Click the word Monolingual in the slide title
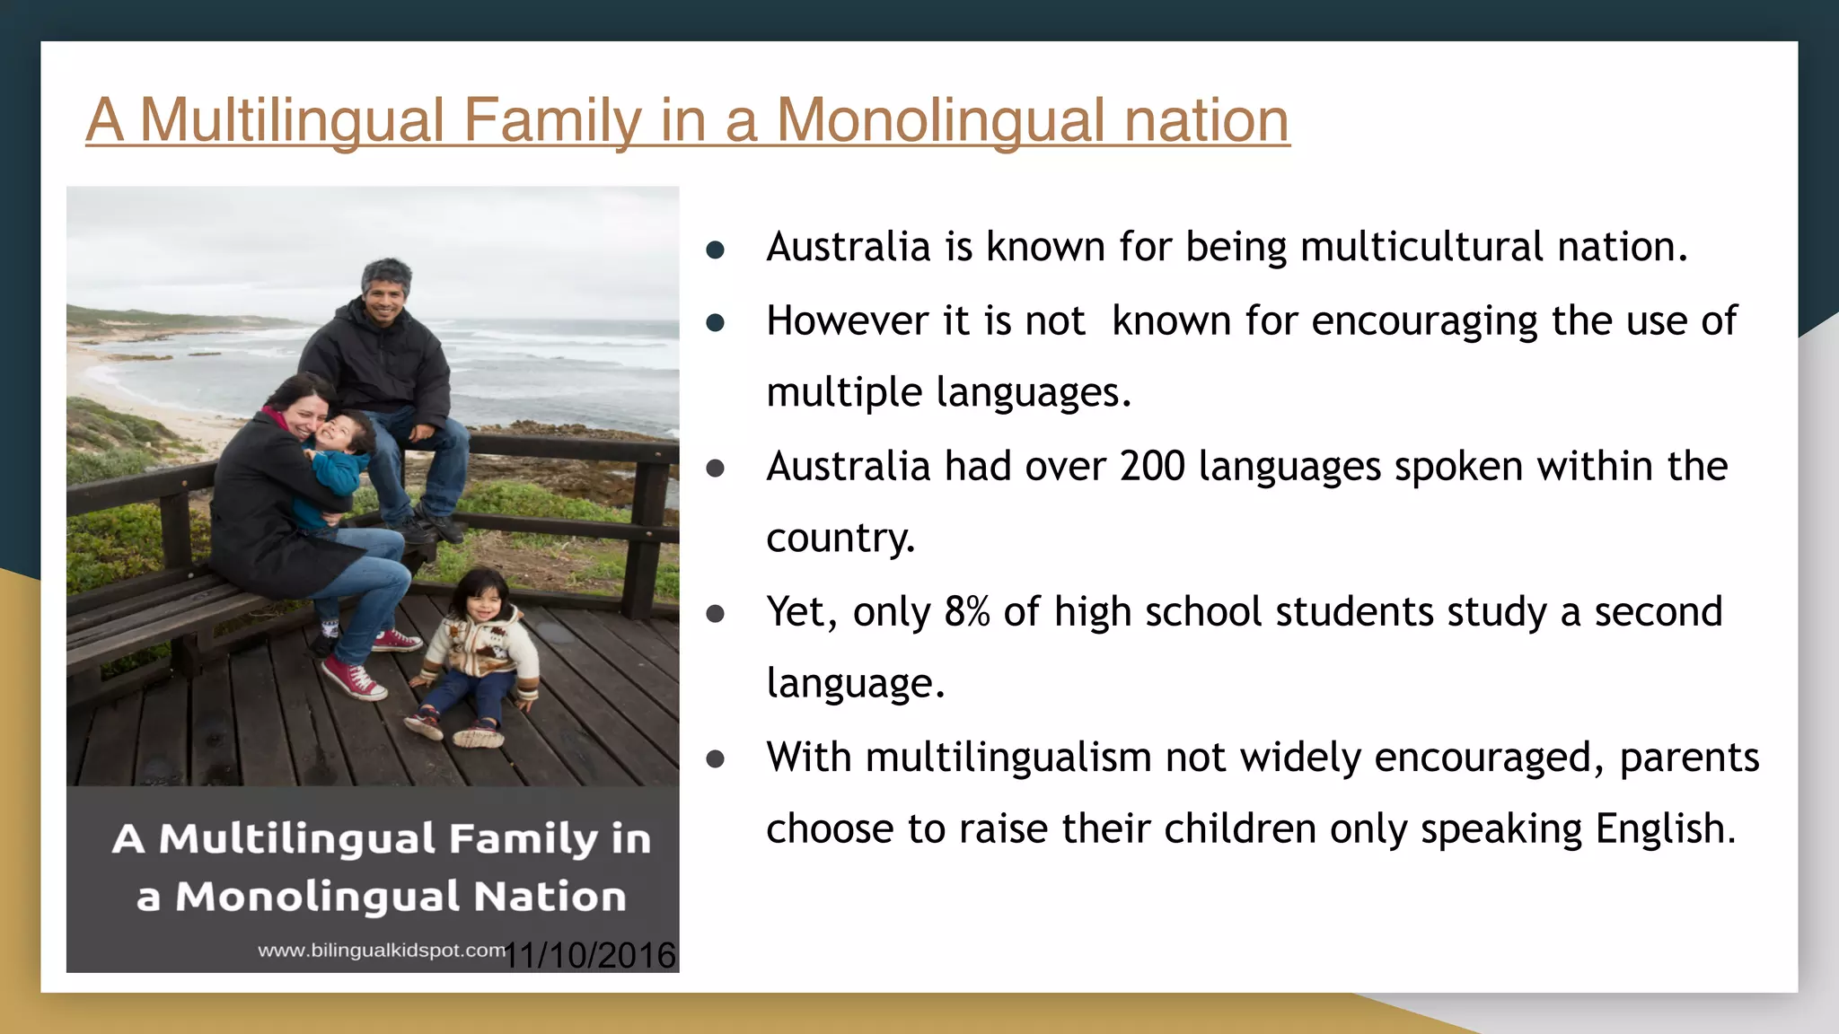pos(940,120)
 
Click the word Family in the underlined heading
pos(552,120)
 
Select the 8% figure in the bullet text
pos(967,612)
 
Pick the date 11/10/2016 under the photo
pos(590,955)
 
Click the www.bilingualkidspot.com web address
pos(381,951)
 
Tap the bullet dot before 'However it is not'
pos(716,322)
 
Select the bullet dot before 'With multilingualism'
pos(716,759)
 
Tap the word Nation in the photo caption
pos(550,897)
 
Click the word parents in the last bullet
pos(1689,758)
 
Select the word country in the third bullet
pos(840,539)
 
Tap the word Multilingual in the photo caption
pos(297,839)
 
